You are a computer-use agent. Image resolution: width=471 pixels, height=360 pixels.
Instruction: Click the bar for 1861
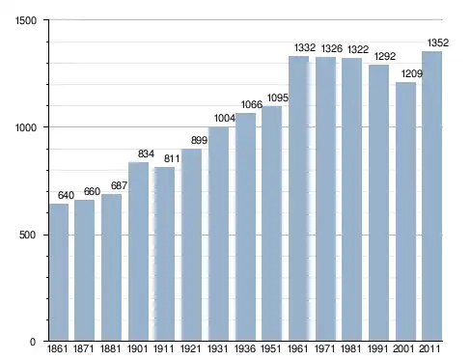tap(59, 272)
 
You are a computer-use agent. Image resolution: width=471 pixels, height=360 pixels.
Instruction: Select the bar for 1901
tap(138, 251)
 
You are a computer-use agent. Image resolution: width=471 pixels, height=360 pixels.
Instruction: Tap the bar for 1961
tap(298, 198)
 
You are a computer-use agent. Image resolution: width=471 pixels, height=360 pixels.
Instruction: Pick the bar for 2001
tap(405, 211)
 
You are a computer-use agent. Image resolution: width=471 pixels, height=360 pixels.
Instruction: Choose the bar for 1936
tap(245, 227)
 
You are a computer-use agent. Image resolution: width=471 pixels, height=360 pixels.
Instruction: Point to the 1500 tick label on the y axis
tap(26, 20)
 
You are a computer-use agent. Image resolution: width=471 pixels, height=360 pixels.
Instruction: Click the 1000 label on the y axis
tap(26, 127)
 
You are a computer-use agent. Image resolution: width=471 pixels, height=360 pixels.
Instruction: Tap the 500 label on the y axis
tap(27, 235)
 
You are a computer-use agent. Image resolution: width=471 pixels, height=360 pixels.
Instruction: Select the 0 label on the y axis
tap(33, 342)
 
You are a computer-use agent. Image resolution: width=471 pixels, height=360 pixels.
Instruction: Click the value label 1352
tap(438, 42)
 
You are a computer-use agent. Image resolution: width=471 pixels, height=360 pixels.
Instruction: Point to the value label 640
tap(66, 195)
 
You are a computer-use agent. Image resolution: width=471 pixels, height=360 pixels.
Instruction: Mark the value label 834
tap(146, 153)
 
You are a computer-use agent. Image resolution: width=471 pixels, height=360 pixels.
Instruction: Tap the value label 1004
tap(225, 119)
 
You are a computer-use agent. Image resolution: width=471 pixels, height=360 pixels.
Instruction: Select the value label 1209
tap(412, 73)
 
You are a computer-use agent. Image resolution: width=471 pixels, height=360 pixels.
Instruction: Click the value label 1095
tap(278, 97)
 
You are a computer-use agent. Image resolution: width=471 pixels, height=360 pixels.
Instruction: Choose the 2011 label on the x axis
tap(429, 348)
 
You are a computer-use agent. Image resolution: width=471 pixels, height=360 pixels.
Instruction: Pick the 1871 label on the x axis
tap(84, 348)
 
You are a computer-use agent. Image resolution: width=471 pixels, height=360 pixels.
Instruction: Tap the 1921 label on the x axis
tap(190, 348)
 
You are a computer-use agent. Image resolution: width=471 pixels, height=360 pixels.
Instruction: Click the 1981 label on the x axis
tap(350, 348)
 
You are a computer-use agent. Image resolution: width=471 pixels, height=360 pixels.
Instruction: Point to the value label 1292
tap(385, 57)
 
